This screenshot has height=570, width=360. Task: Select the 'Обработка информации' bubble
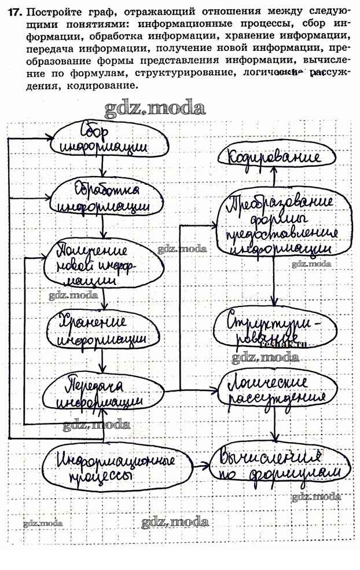click(x=105, y=199)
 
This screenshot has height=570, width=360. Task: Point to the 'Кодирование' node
click(x=274, y=157)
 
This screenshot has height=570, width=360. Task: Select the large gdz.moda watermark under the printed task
click(x=155, y=107)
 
